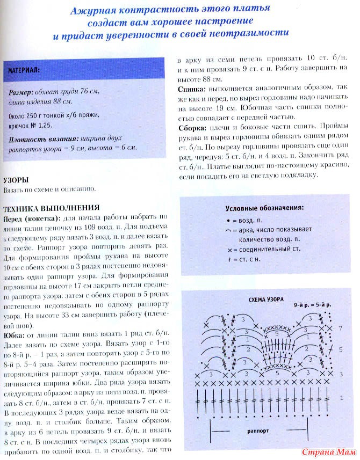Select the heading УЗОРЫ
tap(16, 180)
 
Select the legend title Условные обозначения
tap(264, 207)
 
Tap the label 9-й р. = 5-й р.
tap(312, 304)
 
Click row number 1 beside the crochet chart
tap(341, 398)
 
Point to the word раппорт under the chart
tap(258, 430)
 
